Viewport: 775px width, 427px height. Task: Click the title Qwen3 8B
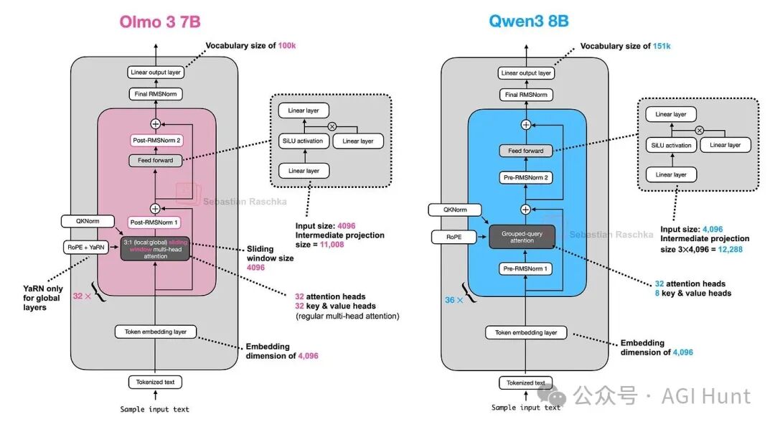[x=528, y=21]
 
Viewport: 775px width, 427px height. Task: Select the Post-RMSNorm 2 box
[x=155, y=140]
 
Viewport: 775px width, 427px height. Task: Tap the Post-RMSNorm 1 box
[x=155, y=223]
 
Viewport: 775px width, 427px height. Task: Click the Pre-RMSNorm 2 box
[x=526, y=177]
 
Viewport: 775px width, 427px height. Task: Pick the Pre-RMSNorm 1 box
[x=526, y=269]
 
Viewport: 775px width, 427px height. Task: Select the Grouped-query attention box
[x=522, y=236]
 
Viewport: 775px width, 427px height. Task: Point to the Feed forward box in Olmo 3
[x=155, y=160]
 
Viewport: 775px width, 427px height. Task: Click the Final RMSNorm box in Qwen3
[x=526, y=94]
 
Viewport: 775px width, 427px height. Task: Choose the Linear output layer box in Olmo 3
[x=155, y=72]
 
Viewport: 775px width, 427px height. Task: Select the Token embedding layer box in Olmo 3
[x=155, y=332]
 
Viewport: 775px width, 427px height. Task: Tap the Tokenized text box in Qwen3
[x=526, y=383]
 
